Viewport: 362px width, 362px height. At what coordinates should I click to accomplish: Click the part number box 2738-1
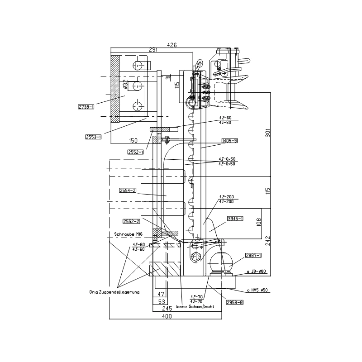point(86,107)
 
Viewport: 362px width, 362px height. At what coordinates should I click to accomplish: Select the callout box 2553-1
point(93,137)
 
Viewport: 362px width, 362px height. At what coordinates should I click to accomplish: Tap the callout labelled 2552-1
point(136,152)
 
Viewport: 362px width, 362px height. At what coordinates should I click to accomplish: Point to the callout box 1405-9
point(229,141)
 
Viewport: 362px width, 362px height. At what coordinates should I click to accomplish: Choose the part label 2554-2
point(128,191)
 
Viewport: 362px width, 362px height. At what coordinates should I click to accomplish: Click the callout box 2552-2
point(131,221)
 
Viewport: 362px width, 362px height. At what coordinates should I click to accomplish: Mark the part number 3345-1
point(235,218)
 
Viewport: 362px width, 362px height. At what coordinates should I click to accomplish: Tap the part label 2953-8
point(235,302)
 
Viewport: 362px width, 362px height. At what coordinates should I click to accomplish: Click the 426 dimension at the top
point(172,45)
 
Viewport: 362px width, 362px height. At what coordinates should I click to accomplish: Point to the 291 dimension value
point(153,50)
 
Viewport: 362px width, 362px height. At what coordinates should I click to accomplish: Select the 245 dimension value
point(167,308)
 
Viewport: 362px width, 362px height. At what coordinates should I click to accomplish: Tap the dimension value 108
point(259,222)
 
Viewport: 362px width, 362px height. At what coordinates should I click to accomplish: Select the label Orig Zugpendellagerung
point(114,292)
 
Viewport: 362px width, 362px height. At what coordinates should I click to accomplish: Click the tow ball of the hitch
point(221,261)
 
